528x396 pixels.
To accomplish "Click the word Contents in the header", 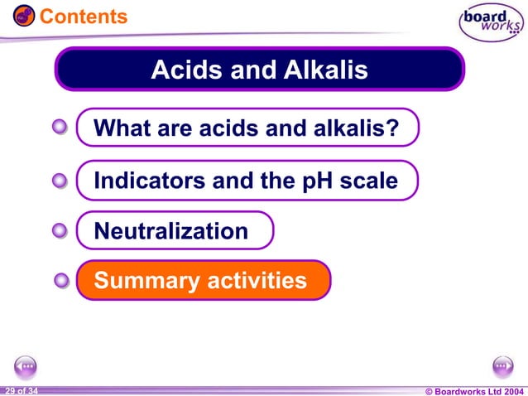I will click(84, 17).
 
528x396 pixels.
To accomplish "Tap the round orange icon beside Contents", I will click(24, 16).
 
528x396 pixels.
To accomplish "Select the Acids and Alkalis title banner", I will click(259, 69).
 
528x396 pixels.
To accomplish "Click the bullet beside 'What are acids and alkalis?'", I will click(60, 128).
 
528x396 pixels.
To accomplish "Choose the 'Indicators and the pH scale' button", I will click(246, 181).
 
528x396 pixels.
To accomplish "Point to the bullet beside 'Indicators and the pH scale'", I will click(60, 180).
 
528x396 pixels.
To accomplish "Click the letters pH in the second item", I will click(320, 181).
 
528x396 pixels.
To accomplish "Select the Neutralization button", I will click(174, 231).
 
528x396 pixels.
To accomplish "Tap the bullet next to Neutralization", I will click(60, 231).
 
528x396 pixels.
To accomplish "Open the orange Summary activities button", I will click(203, 281).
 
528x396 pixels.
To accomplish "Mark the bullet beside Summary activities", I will click(60, 281).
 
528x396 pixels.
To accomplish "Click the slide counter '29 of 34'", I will click(20, 390).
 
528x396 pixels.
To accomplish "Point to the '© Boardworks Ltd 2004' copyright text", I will click(473, 390).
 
